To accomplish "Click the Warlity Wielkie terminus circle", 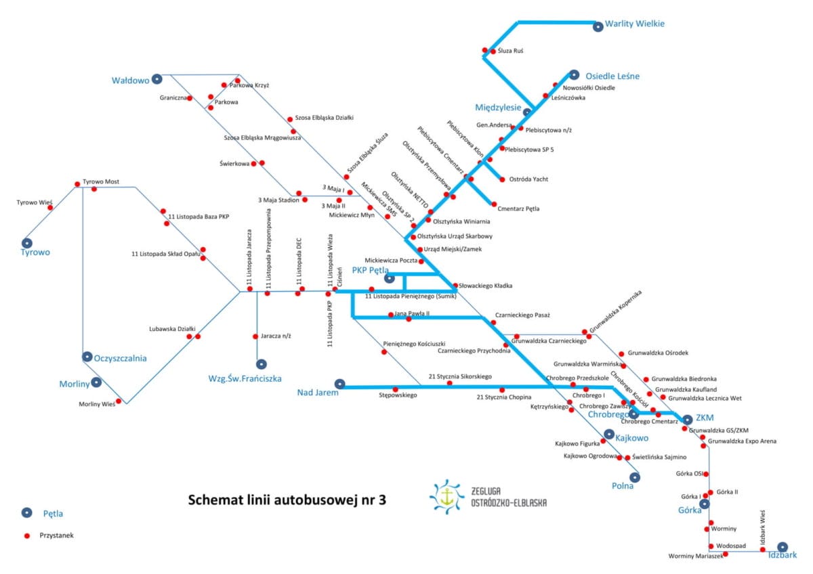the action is pos(598,26).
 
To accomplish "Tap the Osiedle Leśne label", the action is pos(612,76).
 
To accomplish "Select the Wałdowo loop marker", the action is pos(157,79).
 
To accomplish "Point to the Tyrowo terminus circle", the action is pos(27,243).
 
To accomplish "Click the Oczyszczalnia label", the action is pos(120,358).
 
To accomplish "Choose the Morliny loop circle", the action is pos(96,382).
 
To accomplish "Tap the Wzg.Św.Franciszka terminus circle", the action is pos(262,363).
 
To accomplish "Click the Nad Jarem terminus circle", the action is pos(339,384).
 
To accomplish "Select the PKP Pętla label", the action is pos(370,270).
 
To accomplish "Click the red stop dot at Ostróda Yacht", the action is pos(502,179).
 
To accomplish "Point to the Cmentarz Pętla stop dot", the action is pos(494,204).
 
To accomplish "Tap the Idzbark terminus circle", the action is pos(783,547).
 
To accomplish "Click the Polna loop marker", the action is pos(635,477).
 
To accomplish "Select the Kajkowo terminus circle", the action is pos(609,434).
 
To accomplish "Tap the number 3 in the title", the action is pos(382,500).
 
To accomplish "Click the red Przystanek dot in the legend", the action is pos(27,535).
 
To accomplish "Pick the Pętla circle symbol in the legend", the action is pos(27,512).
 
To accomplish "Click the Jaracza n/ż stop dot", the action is pos(255,336).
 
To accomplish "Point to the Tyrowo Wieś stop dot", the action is pos(50,207).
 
